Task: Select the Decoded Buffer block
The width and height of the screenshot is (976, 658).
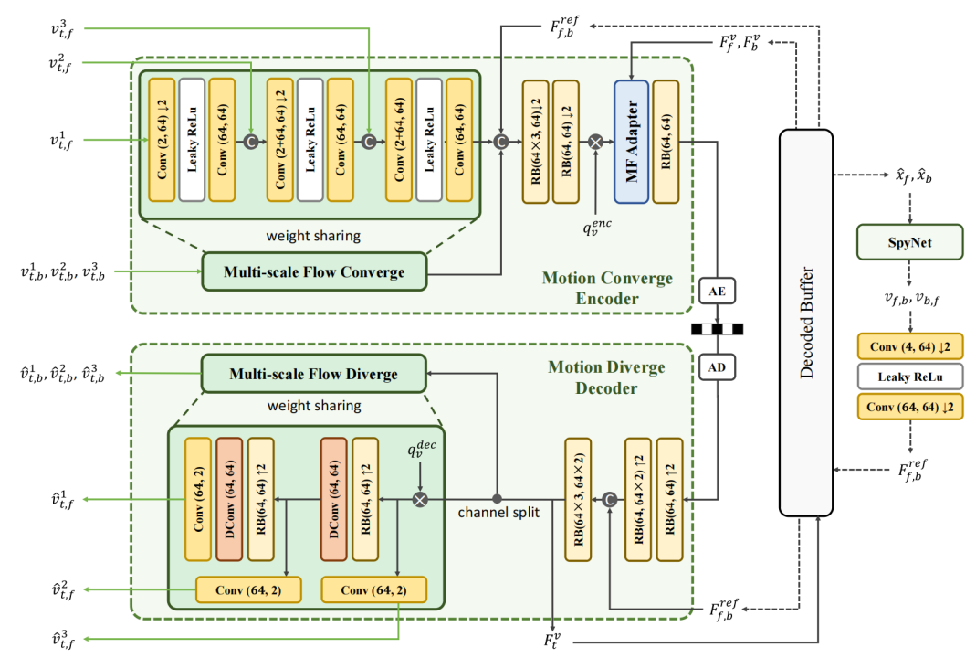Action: pyautogui.click(x=805, y=322)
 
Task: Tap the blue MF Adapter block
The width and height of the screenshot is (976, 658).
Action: pyautogui.click(x=631, y=141)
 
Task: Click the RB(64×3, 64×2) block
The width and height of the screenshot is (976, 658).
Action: pyautogui.click(x=578, y=498)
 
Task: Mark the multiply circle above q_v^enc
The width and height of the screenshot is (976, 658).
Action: pyautogui.click(x=595, y=142)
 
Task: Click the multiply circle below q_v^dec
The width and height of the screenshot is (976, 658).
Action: pyautogui.click(x=420, y=499)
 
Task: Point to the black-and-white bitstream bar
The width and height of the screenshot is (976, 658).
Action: pyautogui.click(x=717, y=329)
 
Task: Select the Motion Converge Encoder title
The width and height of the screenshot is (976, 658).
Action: pyautogui.click(x=607, y=287)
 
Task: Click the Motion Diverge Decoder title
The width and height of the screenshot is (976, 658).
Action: pyautogui.click(x=606, y=377)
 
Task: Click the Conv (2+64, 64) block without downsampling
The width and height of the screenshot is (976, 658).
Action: pyautogui.click(x=399, y=141)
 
